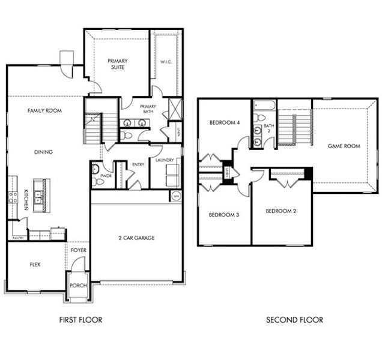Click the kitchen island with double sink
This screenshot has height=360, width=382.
[40, 193]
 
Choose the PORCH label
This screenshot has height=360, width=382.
[78, 286]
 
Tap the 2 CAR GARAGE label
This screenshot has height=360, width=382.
[136, 238]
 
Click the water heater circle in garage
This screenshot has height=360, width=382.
[175, 196]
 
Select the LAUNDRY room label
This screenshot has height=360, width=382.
[164, 160]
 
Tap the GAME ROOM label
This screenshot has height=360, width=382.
[344, 146]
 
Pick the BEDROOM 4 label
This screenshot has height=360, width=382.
[224, 123]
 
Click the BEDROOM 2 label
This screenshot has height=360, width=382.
[281, 211]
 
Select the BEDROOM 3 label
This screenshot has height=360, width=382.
[224, 215]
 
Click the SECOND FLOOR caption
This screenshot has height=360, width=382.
[294, 320]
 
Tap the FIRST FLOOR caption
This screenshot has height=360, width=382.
[80, 320]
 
